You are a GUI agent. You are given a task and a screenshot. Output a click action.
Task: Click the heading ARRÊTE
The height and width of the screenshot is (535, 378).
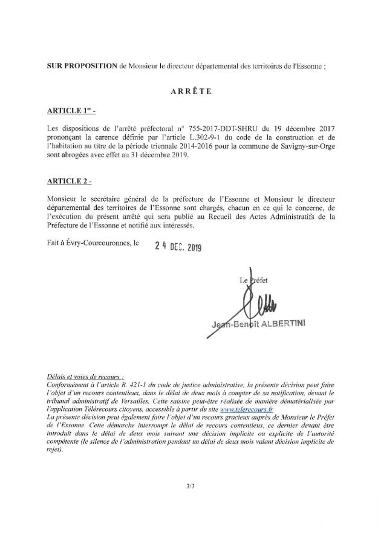tap(189, 93)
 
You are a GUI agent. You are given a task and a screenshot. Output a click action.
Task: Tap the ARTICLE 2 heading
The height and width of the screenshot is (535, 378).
tap(70, 181)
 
